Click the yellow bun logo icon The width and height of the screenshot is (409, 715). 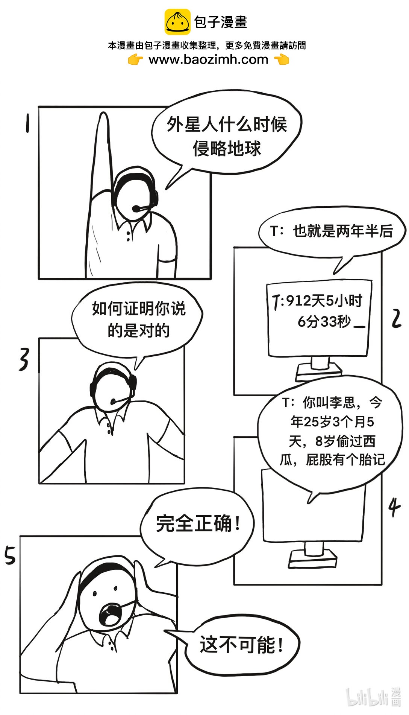tap(177, 22)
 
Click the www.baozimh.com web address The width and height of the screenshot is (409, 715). tap(208, 59)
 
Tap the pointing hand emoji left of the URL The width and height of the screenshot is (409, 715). tap(135, 59)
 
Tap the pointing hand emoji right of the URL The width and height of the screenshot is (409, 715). tap(281, 59)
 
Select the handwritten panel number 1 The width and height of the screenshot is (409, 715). tap(27, 123)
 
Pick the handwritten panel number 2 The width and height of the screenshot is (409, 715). tap(396, 319)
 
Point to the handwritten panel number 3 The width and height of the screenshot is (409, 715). tap(24, 359)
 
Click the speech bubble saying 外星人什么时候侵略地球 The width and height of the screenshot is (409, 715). tap(227, 135)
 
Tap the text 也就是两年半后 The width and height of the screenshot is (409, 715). tap(343, 231)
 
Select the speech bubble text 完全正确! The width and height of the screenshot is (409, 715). tap(198, 523)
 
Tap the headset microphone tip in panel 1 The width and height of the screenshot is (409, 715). tap(135, 208)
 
